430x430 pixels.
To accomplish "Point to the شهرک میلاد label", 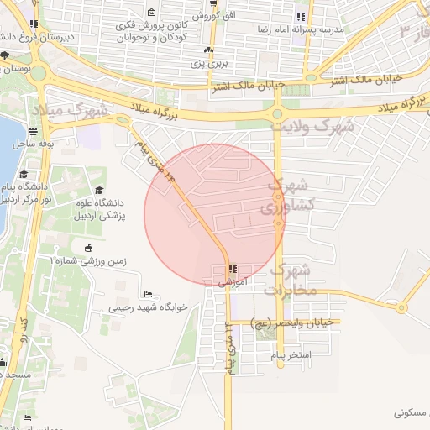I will coord(72,110).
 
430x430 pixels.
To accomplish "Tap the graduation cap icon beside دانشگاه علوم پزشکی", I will coord(100,191).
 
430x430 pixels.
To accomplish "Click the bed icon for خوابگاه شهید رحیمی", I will coord(148,295).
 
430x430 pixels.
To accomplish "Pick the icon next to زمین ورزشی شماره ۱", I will coord(90,248).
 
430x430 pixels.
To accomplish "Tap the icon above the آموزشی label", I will coord(233,270).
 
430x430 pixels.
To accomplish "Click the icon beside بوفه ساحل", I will coord(32,131).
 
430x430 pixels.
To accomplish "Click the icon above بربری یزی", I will coord(208,50).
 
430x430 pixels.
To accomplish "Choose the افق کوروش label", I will coord(218,16).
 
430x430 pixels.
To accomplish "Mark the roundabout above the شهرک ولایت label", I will coord(276,114).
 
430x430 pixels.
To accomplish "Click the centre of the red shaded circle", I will coord(213,213).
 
